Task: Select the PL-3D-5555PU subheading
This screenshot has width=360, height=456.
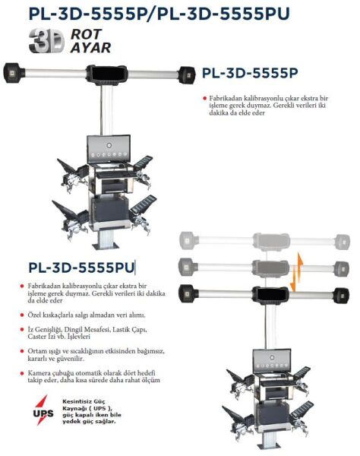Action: click(x=81, y=268)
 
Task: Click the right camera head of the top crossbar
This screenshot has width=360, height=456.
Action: click(x=187, y=74)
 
